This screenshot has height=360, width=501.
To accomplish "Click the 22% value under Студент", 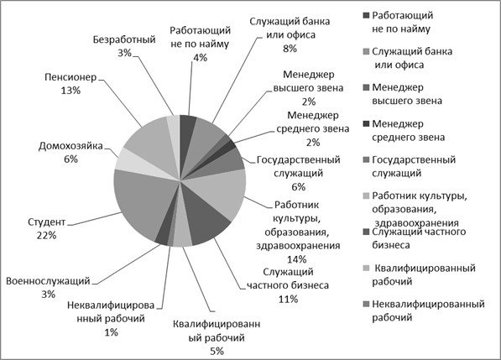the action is [46, 236].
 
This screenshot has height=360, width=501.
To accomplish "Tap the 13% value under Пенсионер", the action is [70, 91].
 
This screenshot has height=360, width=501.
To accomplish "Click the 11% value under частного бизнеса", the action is [288, 299].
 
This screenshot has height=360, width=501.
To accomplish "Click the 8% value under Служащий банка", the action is [290, 49].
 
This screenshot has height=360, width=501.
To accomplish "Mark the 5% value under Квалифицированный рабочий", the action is [217, 352].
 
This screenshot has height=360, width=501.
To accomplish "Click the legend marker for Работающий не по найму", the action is [366, 15].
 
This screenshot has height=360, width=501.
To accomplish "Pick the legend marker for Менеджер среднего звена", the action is [366, 124].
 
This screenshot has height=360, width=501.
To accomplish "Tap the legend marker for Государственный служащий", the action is [366, 160].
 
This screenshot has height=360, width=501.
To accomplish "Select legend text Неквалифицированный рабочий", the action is [428, 310].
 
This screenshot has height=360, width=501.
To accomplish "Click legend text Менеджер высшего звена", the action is [407, 94].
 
